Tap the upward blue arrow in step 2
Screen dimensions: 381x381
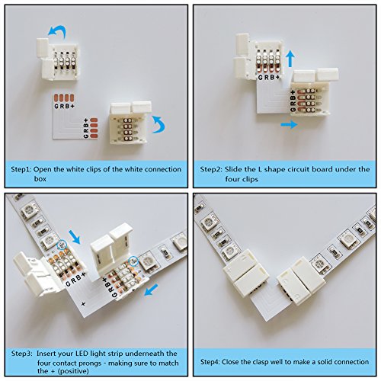[290, 58]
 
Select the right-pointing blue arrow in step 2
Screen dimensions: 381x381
[289, 124]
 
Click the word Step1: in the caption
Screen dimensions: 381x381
[21, 169]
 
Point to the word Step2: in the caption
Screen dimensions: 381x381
[210, 169]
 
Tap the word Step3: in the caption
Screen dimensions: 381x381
[21, 354]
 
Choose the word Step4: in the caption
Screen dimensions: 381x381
[210, 362]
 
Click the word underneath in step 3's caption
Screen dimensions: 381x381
[146, 354]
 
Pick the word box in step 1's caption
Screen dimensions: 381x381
[40, 179]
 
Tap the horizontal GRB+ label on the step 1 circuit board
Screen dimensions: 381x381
[65, 106]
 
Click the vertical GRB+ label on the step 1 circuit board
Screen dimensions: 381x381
[86, 128]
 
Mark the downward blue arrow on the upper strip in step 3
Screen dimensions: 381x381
[75, 237]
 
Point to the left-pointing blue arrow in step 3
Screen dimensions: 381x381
[151, 290]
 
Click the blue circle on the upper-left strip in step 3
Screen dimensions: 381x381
[61, 245]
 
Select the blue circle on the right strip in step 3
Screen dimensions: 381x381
[133, 261]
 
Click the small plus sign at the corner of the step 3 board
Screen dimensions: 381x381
[83, 304]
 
